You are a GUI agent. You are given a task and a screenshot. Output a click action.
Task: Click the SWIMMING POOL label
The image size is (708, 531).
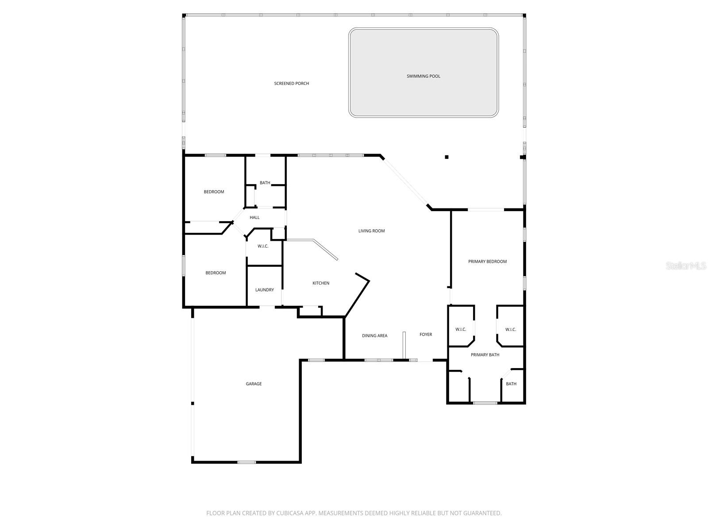pos(423,76)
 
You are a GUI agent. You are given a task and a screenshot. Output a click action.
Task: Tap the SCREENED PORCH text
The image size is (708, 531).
pos(291,83)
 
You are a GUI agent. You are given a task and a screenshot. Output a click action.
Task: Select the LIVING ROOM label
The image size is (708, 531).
pos(372,231)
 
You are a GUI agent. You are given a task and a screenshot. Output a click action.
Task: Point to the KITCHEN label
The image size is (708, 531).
pos(321,283)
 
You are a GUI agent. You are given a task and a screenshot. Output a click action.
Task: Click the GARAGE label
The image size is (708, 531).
pos(254,384)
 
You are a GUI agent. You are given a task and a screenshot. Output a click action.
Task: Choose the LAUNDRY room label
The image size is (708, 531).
pos(265,290)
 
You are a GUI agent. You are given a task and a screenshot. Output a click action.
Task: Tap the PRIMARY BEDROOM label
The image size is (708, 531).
pos(487,262)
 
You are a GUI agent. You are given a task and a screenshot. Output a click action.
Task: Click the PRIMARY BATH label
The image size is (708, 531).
pos(485,355)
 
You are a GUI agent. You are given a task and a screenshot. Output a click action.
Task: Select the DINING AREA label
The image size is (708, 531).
pos(374,336)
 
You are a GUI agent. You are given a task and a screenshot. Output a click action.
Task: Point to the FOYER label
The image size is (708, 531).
pos(426,335)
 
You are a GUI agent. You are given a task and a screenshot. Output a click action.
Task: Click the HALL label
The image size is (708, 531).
pos(254,217)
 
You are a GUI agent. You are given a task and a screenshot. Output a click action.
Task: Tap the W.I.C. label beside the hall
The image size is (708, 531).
pos(263,246)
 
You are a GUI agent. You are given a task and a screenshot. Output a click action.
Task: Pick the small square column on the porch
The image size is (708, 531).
pos(446,157)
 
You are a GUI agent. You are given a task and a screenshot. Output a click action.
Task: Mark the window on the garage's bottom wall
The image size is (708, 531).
pos(246,462)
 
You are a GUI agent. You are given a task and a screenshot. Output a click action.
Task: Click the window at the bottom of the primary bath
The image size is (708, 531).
pos(485,403)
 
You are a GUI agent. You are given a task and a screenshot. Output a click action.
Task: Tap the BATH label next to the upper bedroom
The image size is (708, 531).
pos(265,183)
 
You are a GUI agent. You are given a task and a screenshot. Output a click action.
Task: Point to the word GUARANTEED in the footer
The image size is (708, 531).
pos(481,513)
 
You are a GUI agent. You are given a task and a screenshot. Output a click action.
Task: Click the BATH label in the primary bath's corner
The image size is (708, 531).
pos(511,384)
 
